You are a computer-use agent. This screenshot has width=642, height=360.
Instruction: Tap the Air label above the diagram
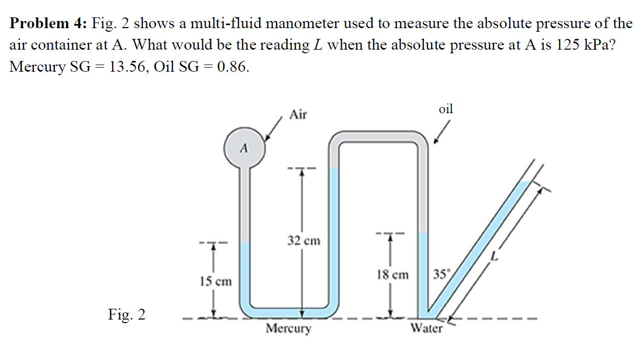[298, 115]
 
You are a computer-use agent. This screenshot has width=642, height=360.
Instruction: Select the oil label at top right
[446, 109]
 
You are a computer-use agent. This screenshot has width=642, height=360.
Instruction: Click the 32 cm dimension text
[304, 240]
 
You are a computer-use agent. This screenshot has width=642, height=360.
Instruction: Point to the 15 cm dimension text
[215, 281]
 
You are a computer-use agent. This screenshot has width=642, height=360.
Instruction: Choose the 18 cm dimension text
[393, 275]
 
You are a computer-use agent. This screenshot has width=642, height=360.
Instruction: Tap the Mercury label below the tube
[288, 328]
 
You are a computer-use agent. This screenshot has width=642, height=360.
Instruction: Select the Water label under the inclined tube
[426, 328]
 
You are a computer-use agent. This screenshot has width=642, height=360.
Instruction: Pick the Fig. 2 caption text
[126, 314]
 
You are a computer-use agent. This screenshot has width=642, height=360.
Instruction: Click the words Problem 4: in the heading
[49, 24]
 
